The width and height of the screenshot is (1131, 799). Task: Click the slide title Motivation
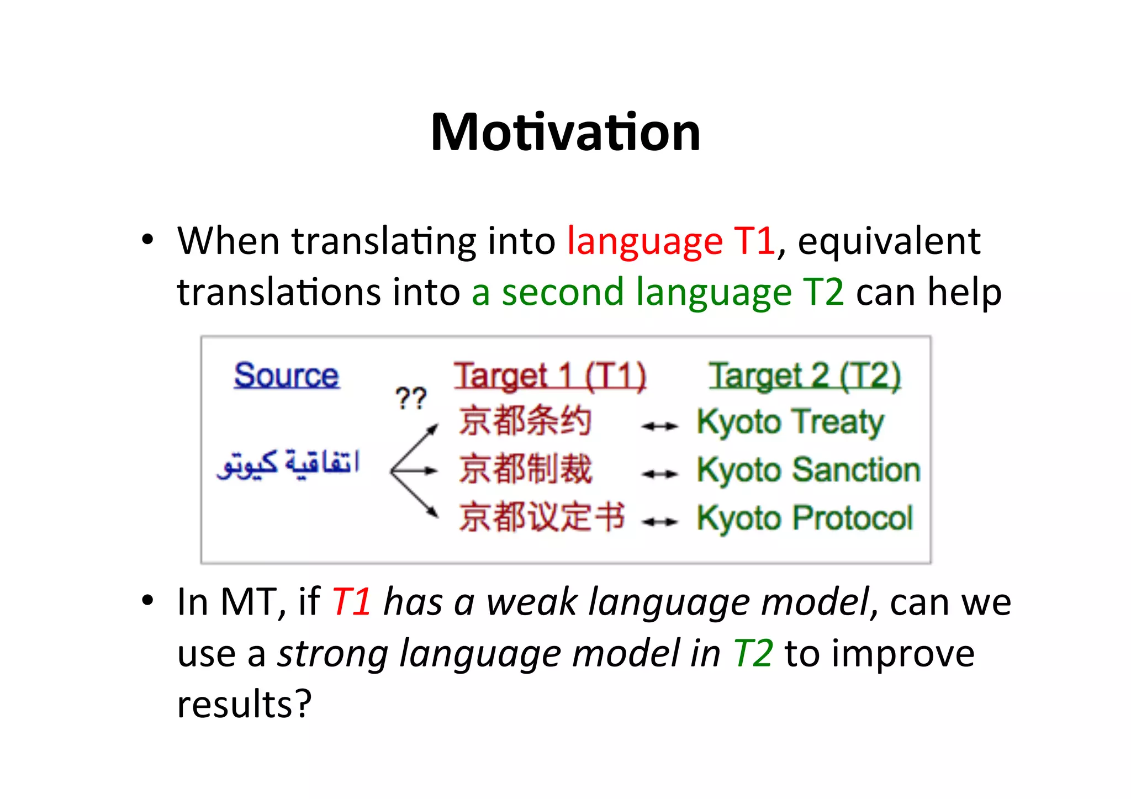565,133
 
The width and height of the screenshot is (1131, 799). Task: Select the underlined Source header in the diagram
286,376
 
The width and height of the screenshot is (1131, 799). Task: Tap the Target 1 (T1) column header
550,377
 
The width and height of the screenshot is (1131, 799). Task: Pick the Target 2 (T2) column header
805,377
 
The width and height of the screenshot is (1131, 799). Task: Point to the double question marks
411,398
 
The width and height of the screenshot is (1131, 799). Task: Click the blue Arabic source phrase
288,464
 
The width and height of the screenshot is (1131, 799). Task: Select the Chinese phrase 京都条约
525,421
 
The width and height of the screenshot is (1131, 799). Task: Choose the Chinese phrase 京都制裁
525,469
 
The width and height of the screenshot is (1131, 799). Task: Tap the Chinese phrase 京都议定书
541,517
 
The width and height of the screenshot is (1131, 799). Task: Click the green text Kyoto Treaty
790,422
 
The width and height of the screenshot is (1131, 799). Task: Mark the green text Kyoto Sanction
808,470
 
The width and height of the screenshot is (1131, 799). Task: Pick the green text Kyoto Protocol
805,518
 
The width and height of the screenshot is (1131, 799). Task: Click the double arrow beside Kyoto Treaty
659,426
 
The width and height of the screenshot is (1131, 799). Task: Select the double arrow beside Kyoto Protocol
659,521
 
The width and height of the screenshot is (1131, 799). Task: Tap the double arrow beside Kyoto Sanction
659,474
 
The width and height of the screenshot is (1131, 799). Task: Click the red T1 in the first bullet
754,241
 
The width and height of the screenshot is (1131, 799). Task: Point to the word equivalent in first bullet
889,241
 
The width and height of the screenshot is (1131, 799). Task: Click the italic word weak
531,601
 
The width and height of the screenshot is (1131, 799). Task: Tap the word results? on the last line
244,705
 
